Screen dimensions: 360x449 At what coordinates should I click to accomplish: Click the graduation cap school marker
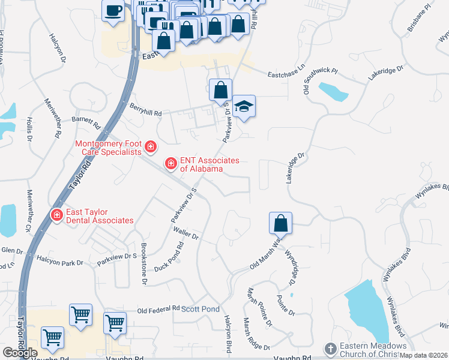[x=244, y=106]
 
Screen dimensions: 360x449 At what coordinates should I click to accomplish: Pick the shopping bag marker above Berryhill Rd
[x=221, y=90]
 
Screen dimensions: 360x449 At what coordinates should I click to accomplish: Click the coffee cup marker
[x=113, y=10]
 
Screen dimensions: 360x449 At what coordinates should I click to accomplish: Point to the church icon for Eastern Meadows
[x=330, y=349]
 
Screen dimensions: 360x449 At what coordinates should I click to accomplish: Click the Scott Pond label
[x=200, y=309]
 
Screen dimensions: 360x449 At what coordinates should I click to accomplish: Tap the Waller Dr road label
[x=185, y=232]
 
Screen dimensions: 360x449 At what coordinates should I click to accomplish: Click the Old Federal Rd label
[x=158, y=310]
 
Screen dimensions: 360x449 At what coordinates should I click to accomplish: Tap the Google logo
[x=19, y=353]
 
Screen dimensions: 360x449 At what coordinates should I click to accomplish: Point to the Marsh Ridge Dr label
[x=259, y=345]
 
